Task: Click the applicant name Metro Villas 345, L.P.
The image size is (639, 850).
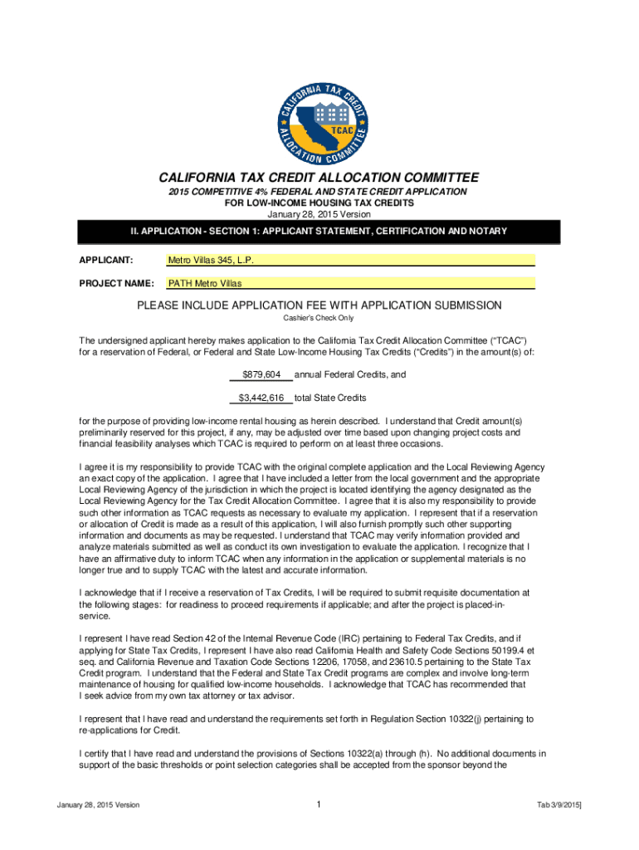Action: [211, 260]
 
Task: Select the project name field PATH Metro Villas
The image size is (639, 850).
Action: [202, 283]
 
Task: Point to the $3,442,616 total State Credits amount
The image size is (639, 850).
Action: [261, 398]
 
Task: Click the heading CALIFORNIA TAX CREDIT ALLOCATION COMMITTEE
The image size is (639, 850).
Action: [319, 178]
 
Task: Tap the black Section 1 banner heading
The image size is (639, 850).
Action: [319, 230]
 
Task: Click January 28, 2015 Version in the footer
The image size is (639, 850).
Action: [98, 805]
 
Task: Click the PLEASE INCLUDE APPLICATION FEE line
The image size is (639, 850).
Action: [319, 305]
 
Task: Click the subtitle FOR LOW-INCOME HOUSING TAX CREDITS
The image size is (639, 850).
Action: [319, 202]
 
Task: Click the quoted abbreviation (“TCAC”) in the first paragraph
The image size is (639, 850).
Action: [500, 340]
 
